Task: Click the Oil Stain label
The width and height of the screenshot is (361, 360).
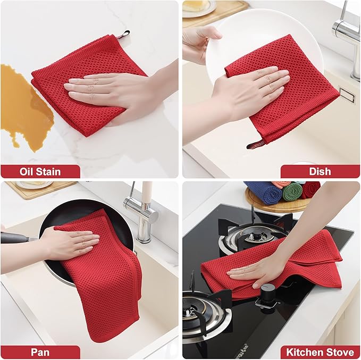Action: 40,171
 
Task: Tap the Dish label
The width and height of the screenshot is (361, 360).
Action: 320,171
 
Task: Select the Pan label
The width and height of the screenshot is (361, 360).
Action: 40,352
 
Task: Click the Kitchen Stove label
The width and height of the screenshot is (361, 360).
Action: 320,352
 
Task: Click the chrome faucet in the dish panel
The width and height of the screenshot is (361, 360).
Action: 349,32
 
